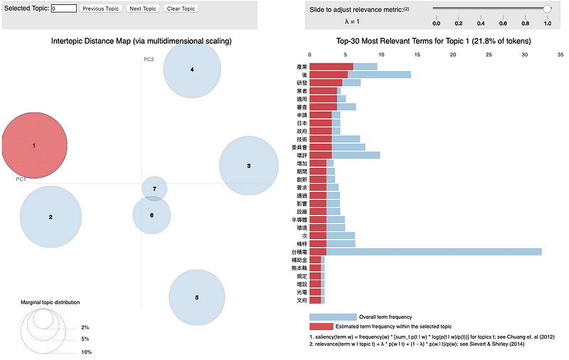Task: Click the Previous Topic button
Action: click(100, 9)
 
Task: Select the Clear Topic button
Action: click(181, 9)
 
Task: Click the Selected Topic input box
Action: click(63, 9)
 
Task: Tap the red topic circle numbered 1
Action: click(34, 145)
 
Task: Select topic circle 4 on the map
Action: click(192, 69)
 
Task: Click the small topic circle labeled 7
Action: click(154, 189)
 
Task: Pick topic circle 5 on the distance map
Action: click(197, 297)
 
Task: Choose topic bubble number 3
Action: click(248, 166)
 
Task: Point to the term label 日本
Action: click(302, 123)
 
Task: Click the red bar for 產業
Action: click(331, 66)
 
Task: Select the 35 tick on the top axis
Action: click(560, 53)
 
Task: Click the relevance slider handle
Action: click(547, 9)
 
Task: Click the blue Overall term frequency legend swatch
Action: click(333, 317)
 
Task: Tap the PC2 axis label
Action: click(149, 59)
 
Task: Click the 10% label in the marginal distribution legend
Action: click(86, 352)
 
